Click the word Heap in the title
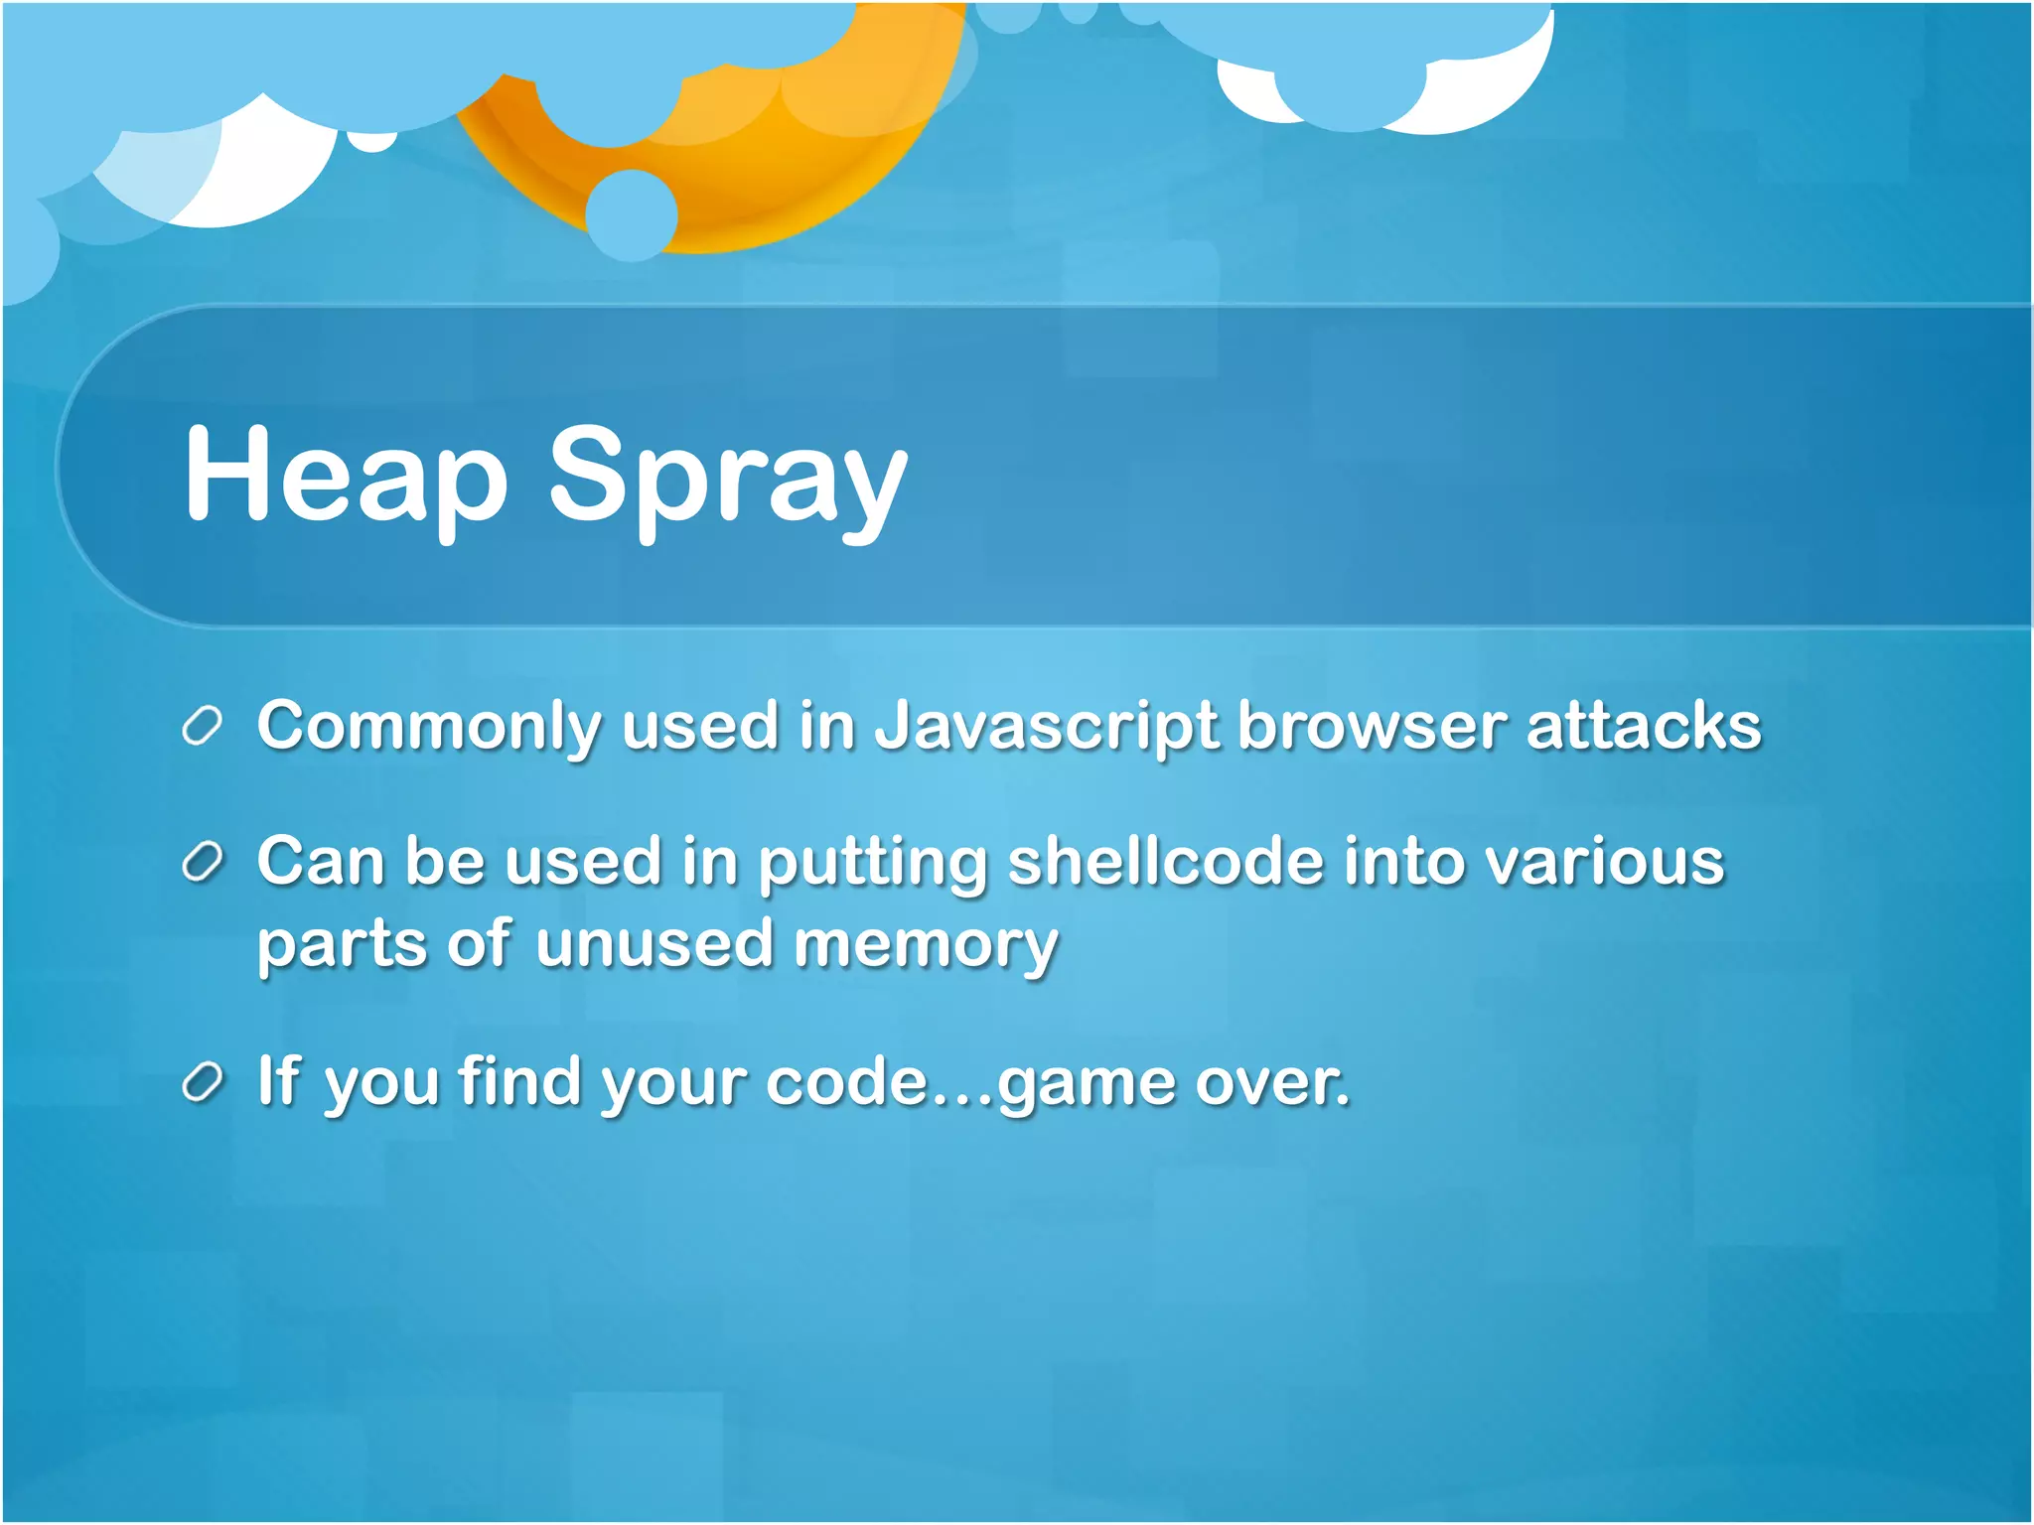click(346, 473)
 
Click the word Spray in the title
click(728, 479)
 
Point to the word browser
click(1373, 727)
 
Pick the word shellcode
click(1166, 862)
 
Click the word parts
click(341, 945)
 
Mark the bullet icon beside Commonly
click(202, 726)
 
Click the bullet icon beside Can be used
click(202, 862)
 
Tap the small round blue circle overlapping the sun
click(631, 214)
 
